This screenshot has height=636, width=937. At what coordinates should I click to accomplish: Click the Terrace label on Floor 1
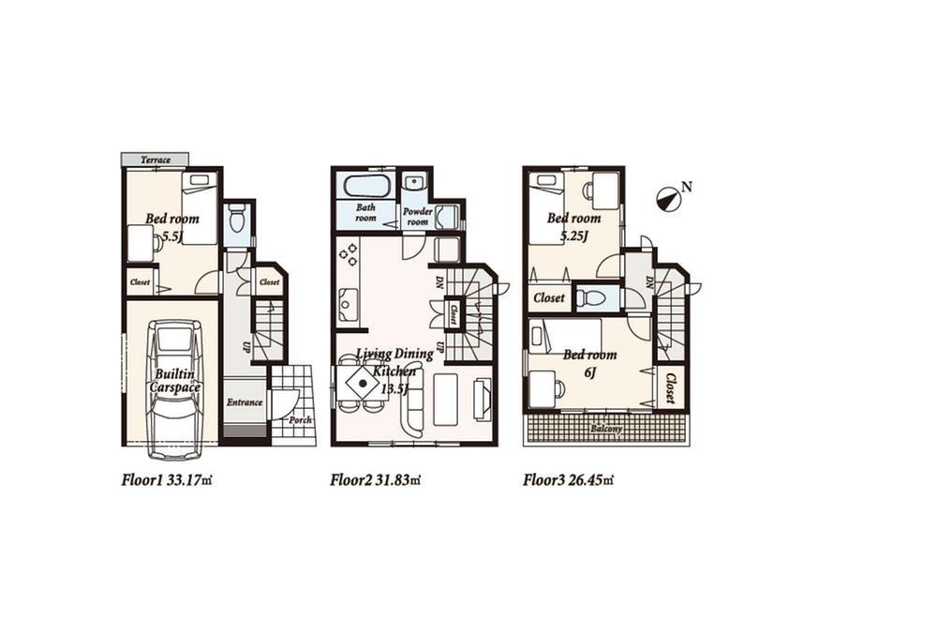click(156, 160)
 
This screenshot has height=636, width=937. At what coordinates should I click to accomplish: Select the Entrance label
click(244, 402)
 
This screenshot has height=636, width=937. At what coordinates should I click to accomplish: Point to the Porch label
click(300, 420)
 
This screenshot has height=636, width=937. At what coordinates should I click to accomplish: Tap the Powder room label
click(418, 217)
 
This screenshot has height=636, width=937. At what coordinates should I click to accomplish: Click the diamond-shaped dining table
click(362, 382)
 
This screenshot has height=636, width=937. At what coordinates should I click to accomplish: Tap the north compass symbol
click(669, 197)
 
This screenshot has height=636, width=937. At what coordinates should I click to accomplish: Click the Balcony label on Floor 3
click(606, 429)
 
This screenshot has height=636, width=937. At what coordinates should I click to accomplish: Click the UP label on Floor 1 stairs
click(246, 346)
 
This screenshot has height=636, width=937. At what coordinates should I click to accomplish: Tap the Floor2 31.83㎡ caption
click(375, 480)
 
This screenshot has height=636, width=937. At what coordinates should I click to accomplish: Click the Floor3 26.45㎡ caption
click(568, 480)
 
